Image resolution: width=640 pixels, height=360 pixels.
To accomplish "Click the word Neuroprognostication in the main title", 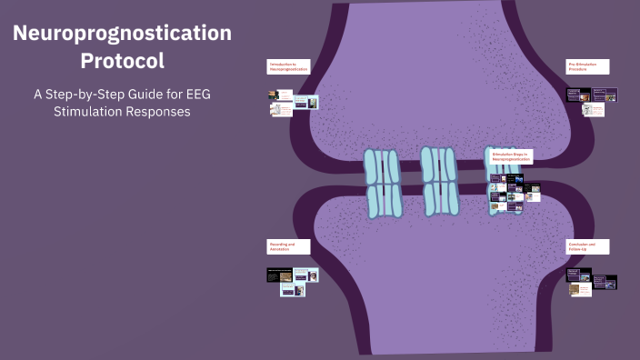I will tap(122, 34).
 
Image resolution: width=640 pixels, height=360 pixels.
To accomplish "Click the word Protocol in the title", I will tap(122, 62).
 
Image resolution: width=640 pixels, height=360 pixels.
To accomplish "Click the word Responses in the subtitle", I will tap(161, 112).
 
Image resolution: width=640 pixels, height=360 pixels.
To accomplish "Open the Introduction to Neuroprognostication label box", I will tap(288, 66).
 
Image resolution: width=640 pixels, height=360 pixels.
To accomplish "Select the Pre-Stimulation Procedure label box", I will tap(587, 66).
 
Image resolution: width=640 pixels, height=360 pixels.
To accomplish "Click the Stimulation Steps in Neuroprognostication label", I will tap(511, 156).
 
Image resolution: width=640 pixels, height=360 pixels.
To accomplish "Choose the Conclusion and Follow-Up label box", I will tap(587, 246).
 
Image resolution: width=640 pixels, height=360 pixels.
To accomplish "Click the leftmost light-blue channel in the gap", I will tap(382, 183).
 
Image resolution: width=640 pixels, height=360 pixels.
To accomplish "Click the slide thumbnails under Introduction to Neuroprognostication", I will tap(293, 101).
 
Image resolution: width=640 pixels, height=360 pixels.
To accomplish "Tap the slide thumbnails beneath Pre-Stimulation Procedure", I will tap(592, 101).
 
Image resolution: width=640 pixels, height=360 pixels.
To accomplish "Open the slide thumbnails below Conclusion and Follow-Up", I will tap(592, 281).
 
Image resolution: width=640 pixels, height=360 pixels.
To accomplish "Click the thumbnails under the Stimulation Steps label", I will tap(515, 191).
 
